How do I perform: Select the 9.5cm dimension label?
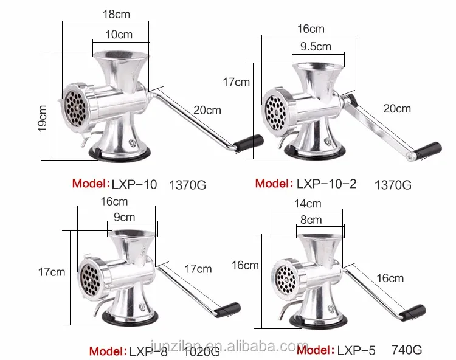coord(316,46)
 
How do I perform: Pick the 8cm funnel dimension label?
coord(310,220)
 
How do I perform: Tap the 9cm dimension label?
coord(124,216)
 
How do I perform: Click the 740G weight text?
coord(406,350)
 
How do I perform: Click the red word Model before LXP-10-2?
coord(272,183)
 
